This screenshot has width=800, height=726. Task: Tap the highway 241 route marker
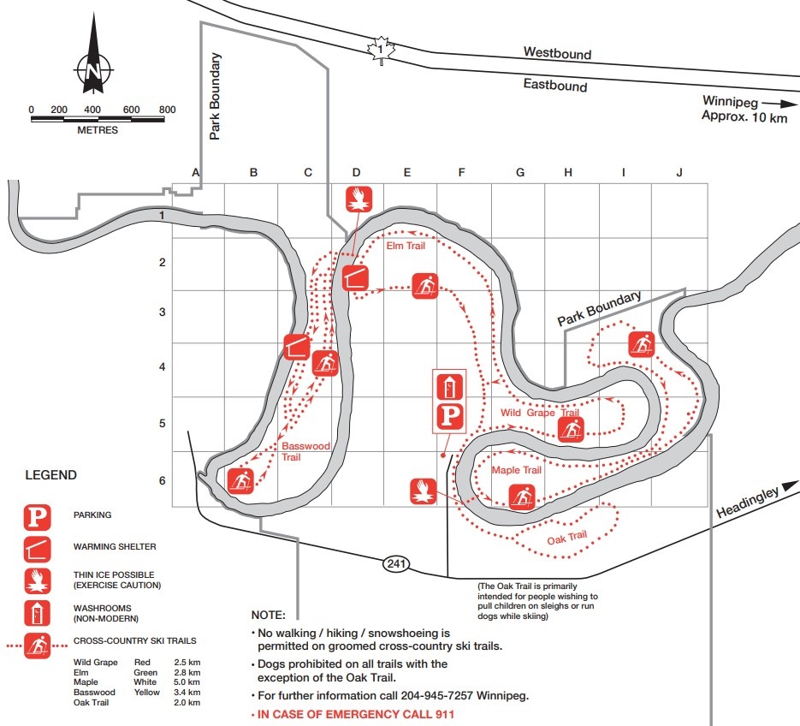coord(396,564)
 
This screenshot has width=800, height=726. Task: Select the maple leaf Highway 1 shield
coord(378,51)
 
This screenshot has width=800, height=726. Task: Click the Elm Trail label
coord(406,247)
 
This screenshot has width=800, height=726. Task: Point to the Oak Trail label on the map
coord(566,537)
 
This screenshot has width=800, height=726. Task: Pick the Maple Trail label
coord(516,470)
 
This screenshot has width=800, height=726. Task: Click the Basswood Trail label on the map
coord(305,451)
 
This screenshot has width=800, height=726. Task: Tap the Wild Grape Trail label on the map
coord(540,414)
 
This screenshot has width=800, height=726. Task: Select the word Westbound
coord(557,53)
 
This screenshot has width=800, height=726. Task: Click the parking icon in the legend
coord(37,516)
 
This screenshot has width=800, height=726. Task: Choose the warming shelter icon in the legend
coord(37,546)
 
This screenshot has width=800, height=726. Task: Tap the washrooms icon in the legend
coord(37,612)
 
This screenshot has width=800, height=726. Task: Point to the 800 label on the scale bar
coord(167,110)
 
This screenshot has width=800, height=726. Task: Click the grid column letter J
coord(679,173)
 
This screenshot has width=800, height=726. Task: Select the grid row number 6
coord(163,480)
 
